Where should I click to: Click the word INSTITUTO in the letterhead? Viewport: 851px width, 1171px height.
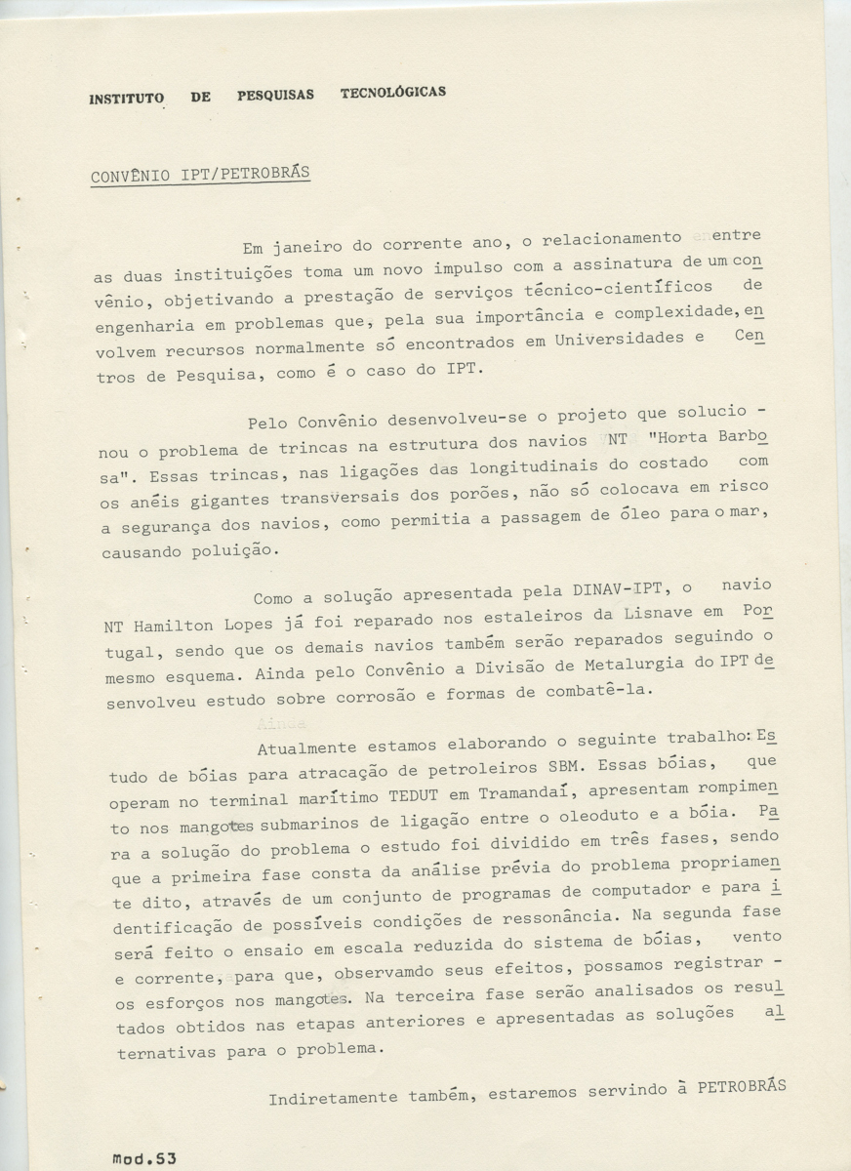pyautogui.click(x=126, y=99)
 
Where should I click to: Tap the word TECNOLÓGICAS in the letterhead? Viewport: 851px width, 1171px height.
pyautogui.click(x=393, y=93)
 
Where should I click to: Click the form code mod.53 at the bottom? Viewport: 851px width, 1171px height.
pyautogui.click(x=142, y=1157)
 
